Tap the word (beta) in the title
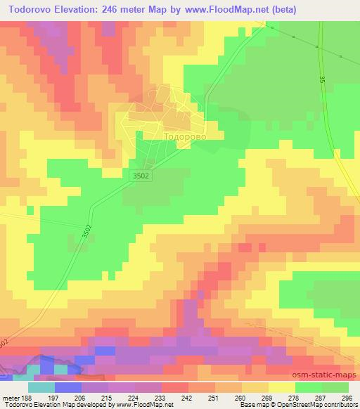pos(280,10)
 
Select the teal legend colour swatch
pos(41,387)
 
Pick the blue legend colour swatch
pos(68,387)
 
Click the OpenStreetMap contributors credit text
pos(314,405)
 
